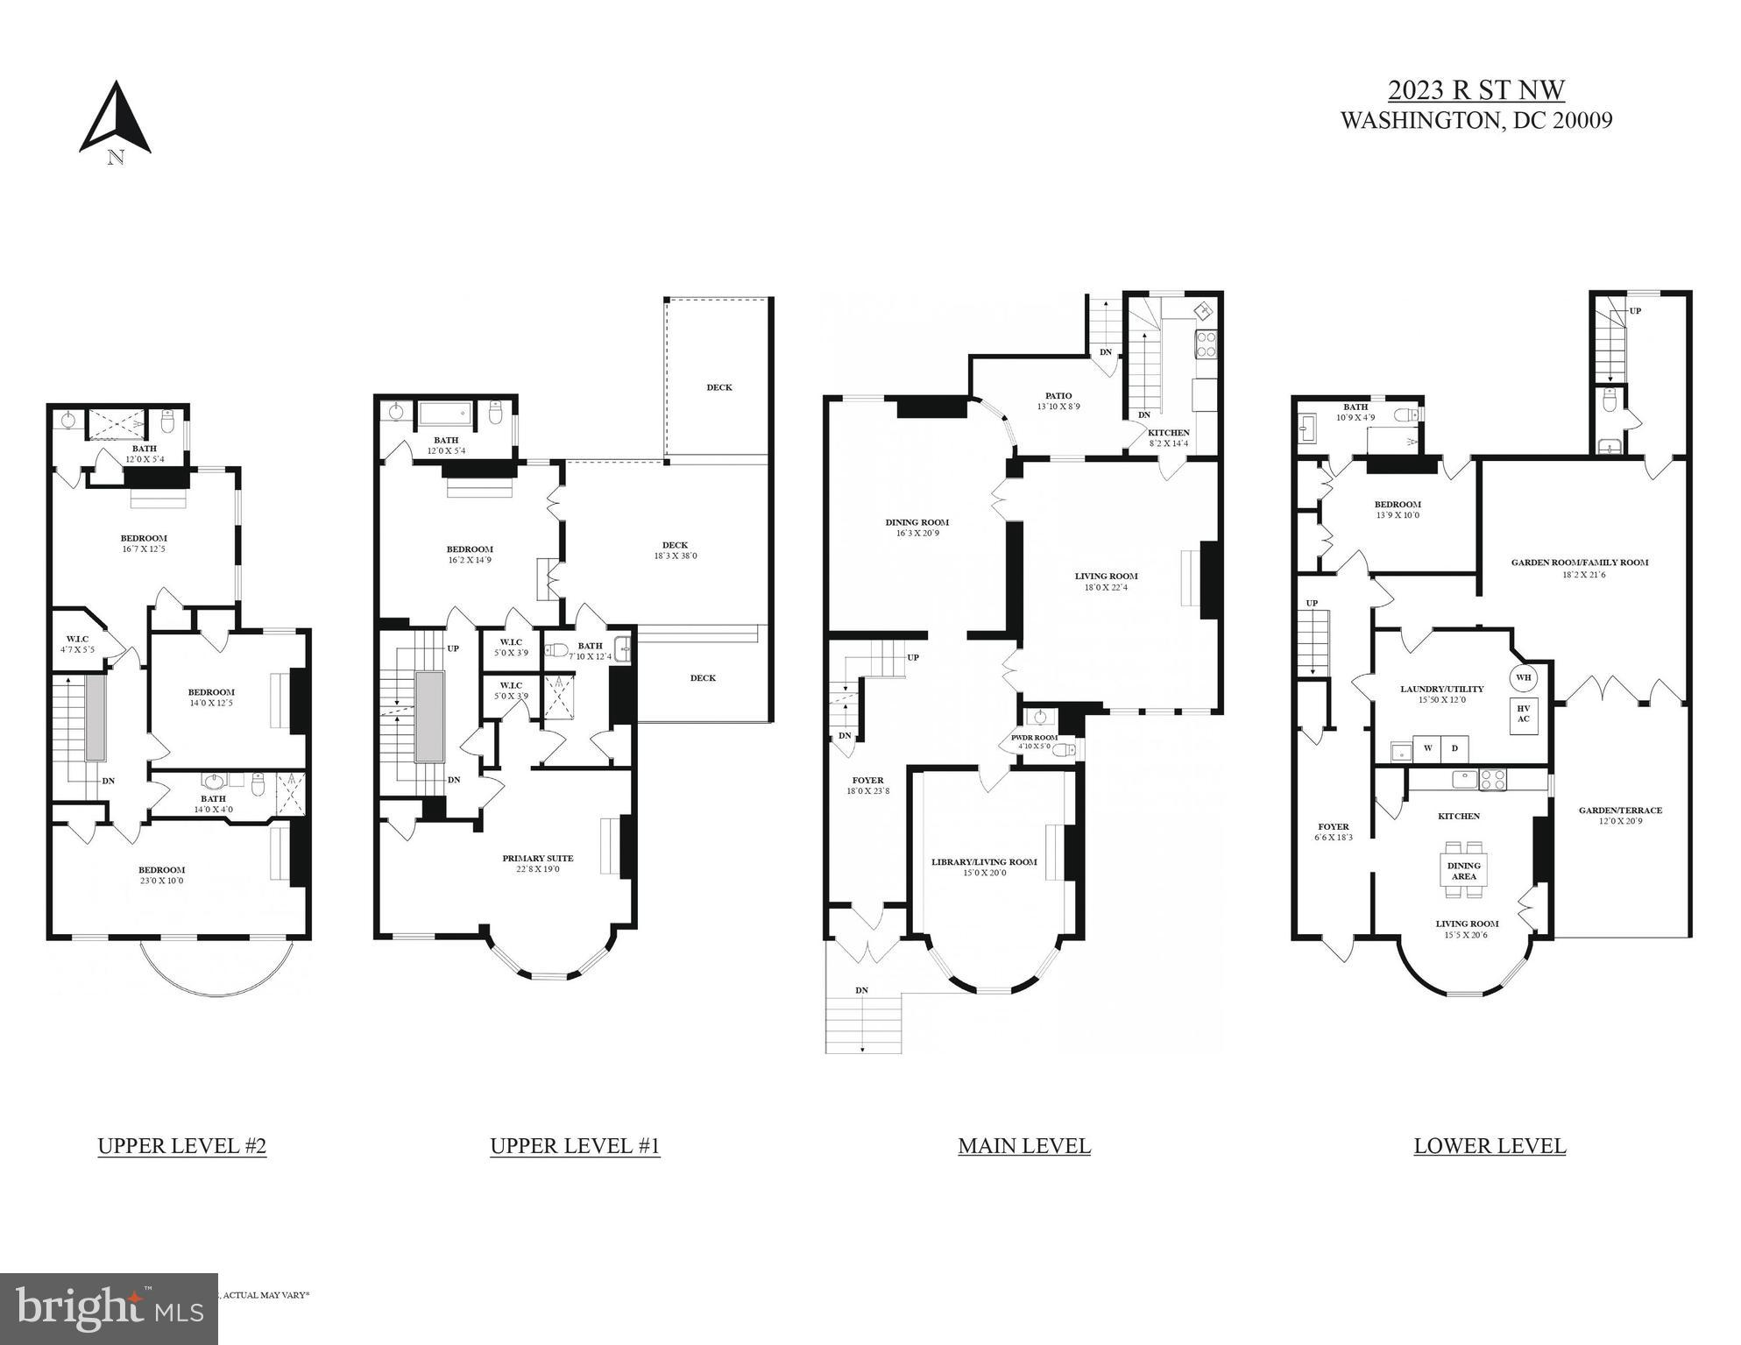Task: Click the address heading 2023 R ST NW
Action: [x=1476, y=90]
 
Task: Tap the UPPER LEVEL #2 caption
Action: [x=181, y=1146]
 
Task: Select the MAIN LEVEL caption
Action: [x=1023, y=1146]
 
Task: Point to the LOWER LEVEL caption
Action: [x=1489, y=1146]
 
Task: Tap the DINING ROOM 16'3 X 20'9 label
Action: [x=917, y=527]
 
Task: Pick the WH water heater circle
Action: [x=1523, y=677]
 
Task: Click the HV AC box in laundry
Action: [x=1523, y=714]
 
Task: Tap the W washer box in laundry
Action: [x=1426, y=748]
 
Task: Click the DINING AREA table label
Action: [x=1463, y=870]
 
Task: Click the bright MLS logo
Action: [x=109, y=1309]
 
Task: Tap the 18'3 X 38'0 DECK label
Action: [x=675, y=550]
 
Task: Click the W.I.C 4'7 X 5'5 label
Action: [x=77, y=644]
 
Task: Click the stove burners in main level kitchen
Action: [x=1206, y=343]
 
